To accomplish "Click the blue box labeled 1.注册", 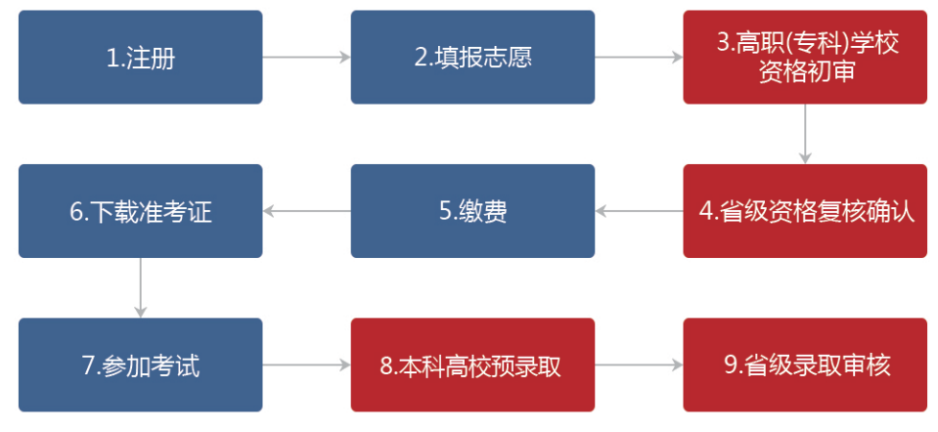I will (x=140, y=57).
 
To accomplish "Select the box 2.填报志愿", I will (x=472, y=57).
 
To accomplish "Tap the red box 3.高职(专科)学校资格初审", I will (x=805, y=57).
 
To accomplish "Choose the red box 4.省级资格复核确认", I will (x=805, y=211).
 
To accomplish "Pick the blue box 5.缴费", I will (x=472, y=211).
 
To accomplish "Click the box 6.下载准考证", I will (x=140, y=211).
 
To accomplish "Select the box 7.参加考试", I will (x=140, y=365).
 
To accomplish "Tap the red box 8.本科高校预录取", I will (x=472, y=365).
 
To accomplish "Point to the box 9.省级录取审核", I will (x=805, y=365).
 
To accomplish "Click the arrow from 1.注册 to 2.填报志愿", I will (x=306, y=58).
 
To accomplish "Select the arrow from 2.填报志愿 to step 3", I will (x=639, y=58).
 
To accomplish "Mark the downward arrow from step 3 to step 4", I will (x=805, y=133).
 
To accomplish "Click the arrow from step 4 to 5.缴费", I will (x=639, y=211).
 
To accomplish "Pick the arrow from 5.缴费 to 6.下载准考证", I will (x=306, y=211).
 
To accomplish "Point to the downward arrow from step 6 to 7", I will (x=140, y=287).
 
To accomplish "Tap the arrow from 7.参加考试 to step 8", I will (x=306, y=366).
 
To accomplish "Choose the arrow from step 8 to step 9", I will (x=639, y=366).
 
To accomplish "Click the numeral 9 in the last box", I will (x=730, y=365).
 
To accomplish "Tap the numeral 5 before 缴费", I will (x=443, y=211).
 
